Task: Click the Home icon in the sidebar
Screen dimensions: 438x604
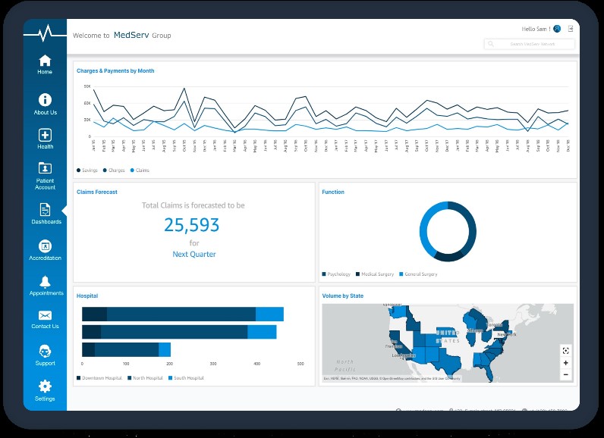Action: tap(45, 61)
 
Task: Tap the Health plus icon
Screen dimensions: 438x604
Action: tap(45, 135)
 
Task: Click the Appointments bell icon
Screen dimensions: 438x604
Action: tap(45, 282)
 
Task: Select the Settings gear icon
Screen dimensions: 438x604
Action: tap(45, 386)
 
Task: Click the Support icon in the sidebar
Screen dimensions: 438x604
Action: tap(45, 352)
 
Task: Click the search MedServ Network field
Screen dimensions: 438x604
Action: tap(530, 44)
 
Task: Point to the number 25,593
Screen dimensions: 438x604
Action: tap(192, 225)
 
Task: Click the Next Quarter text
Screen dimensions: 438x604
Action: tap(194, 255)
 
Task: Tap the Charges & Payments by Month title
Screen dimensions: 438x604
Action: tap(115, 71)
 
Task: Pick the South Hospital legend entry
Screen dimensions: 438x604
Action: tap(187, 377)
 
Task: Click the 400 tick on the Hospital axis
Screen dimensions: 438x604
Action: tap(256, 364)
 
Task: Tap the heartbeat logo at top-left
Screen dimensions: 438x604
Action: tap(45, 33)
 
